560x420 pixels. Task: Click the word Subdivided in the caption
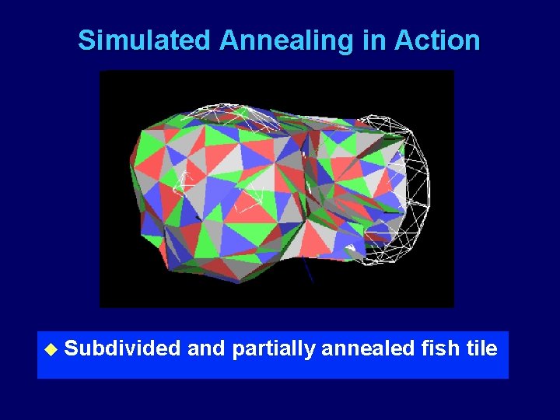click(x=122, y=348)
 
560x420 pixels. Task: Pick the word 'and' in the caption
click(x=206, y=348)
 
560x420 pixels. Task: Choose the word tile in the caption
click(x=482, y=348)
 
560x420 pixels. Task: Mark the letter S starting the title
click(x=86, y=40)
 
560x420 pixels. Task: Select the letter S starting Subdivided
click(x=72, y=348)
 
